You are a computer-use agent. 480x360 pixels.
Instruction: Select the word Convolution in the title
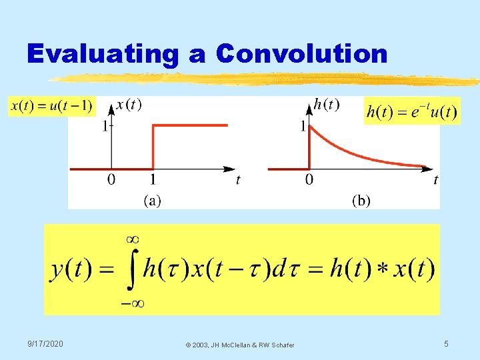pos(301,53)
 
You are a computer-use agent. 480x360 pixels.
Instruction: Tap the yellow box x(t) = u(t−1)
pos(51,106)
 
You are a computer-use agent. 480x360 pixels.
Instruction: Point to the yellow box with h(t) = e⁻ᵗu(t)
pos(411,111)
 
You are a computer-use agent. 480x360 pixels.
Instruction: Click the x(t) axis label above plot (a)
pos(129,104)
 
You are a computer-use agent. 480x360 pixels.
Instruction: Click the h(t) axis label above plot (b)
pos(326,104)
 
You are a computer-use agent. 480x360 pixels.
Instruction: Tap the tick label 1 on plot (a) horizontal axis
pos(154,179)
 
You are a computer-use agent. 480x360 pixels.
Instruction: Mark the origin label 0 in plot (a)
pos(111,179)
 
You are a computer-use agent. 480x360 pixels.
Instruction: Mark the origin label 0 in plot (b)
pos(309,179)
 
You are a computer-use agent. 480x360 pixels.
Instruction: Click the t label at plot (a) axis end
pos(238,179)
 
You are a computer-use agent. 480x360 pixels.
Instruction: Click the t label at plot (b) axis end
pos(435,179)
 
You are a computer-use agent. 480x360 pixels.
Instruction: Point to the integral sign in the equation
pos(132,269)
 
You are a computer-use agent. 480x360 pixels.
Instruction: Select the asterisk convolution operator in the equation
pos(381,270)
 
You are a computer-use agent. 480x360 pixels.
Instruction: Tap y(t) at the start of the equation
pos(71,269)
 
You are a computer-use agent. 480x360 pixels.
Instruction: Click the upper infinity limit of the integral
pos(132,238)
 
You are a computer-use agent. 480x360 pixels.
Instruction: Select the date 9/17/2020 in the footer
pos(45,343)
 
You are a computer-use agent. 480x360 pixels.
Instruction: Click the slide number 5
pos(447,343)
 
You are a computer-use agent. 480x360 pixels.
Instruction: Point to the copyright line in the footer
pos(240,345)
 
